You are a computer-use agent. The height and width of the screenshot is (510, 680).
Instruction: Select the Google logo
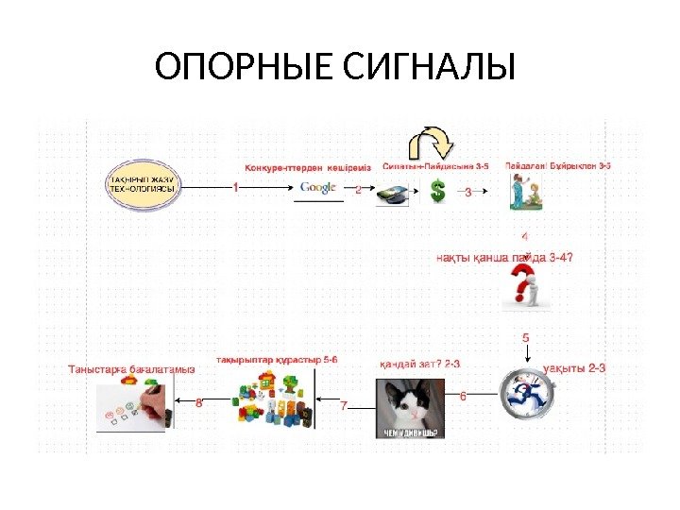pos(318,188)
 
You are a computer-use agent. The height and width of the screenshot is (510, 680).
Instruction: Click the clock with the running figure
pos(525,396)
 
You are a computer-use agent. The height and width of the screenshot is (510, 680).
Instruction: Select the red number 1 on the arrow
pos(235,187)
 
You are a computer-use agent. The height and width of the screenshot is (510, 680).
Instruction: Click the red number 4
pos(525,236)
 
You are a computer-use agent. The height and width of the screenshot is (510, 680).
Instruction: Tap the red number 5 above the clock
pos(525,335)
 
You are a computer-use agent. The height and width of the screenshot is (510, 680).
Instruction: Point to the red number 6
pos(463,396)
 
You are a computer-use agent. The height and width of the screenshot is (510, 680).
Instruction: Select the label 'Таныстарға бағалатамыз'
pos(132,369)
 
